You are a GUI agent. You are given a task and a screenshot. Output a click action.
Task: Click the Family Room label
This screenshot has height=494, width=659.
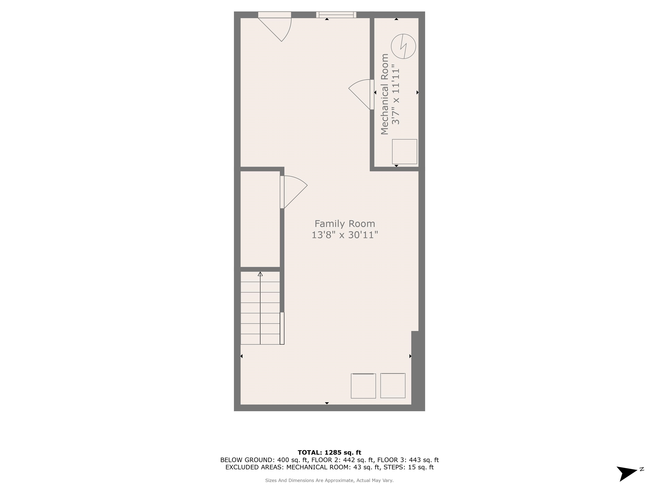(x=345, y=224)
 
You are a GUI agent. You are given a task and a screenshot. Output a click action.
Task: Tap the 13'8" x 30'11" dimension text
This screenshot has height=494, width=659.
(x=345, y=235)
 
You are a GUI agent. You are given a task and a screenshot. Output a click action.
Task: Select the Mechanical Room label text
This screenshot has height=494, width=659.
(x=385, y=94)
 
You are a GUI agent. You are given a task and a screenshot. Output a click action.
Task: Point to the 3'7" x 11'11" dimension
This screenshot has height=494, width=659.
(x=396, y=94)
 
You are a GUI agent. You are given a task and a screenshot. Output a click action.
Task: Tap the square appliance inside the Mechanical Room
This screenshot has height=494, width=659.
(x=404, y=152)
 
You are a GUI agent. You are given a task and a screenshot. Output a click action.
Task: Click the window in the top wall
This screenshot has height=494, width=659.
(x=336, y=15)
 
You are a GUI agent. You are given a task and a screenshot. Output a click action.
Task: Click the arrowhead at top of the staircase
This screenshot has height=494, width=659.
(x=260, y=274)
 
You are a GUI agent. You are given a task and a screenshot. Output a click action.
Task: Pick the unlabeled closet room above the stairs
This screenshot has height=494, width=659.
(x=260, y=219)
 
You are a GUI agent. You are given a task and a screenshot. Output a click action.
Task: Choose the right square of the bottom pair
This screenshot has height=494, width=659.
(x=393, y=385)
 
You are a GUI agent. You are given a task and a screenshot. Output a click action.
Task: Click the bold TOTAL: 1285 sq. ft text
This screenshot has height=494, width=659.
(x=329, y=453)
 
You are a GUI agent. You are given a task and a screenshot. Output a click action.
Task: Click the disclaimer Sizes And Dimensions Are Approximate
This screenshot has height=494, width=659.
(x=329, y=480)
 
